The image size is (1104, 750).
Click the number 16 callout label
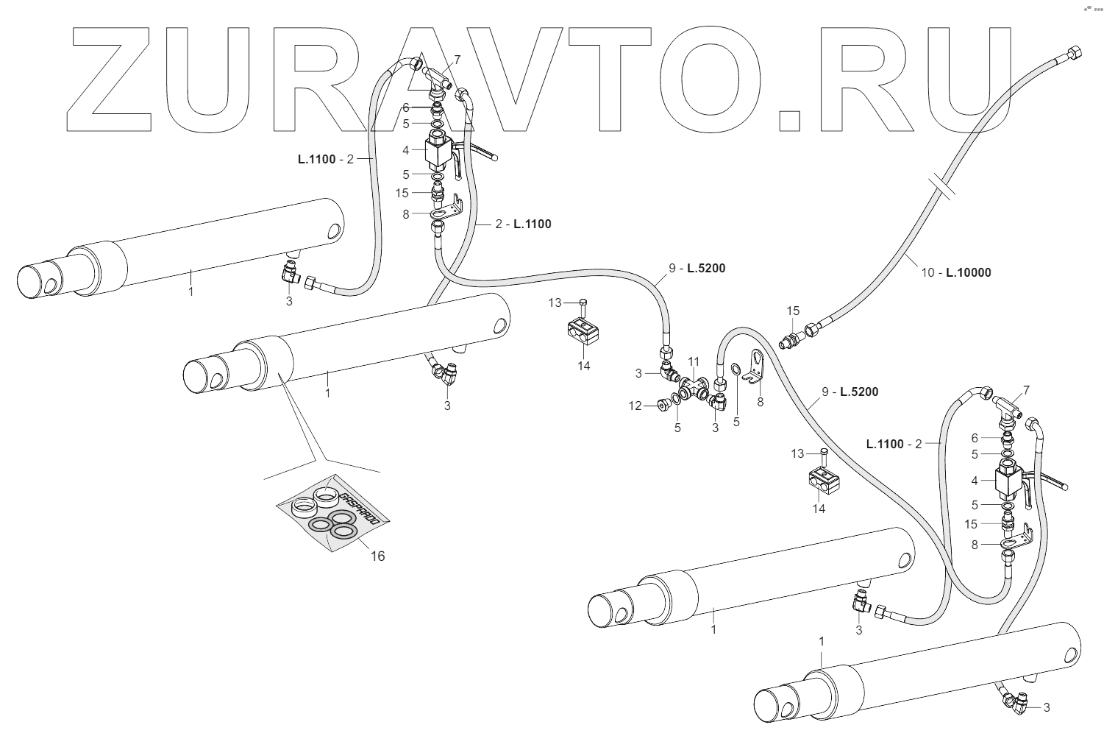pos(377,556)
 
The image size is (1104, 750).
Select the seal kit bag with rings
pos(332,514)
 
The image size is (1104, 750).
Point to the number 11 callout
pos(693,361)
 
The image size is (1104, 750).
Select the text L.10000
pos(968,272)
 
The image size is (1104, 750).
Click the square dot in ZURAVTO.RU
pos(789,120)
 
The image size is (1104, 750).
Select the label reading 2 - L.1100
pos(523,224)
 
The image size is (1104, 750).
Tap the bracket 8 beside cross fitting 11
pos(754,368)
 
